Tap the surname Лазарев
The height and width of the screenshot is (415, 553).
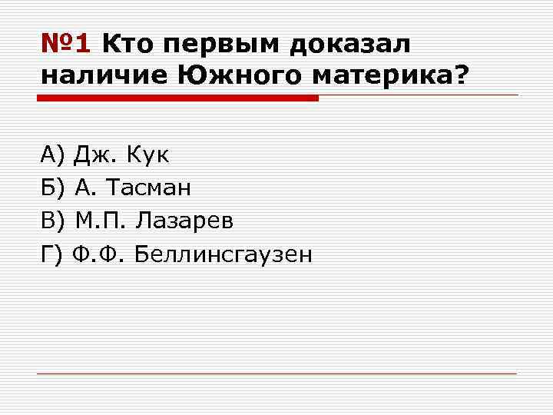tap(184, 221)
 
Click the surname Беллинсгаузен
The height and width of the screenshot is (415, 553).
tap(224, 254)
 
